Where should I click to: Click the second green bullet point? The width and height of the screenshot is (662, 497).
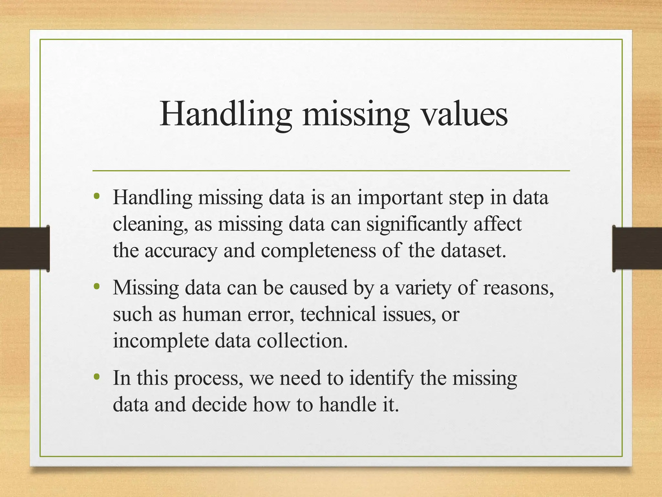click(x=96, y=286)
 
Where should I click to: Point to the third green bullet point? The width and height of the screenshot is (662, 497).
click(x=96, y=377)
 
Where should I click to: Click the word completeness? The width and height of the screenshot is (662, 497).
click(x=318, y=250)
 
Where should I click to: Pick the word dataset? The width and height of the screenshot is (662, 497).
click(x=473, y=250)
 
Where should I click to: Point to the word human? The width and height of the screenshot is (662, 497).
click(x=212, y=314)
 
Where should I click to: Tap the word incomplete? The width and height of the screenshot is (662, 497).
click(x=161, y=341)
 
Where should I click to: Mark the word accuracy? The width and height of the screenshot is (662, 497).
click(x=181, y=251)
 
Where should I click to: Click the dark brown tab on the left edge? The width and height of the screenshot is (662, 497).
click(x=25, y=248)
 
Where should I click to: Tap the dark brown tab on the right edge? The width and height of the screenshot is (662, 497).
click(x=637, y=248)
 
